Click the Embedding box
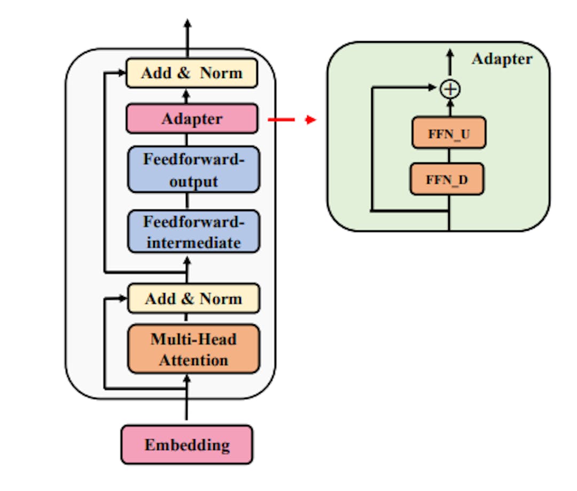186,444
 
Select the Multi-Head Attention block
193,349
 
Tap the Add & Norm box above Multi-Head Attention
193,299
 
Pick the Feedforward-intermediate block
193,231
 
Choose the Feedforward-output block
193,169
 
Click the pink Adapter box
192,119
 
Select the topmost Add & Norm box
192,73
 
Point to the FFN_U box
449,133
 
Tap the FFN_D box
447,179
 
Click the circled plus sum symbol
450,89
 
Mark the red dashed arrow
291,120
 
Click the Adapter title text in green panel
502,59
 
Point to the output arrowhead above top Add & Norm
187,24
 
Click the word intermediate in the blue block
193,243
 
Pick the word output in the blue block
193,181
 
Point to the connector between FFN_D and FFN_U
449,155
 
